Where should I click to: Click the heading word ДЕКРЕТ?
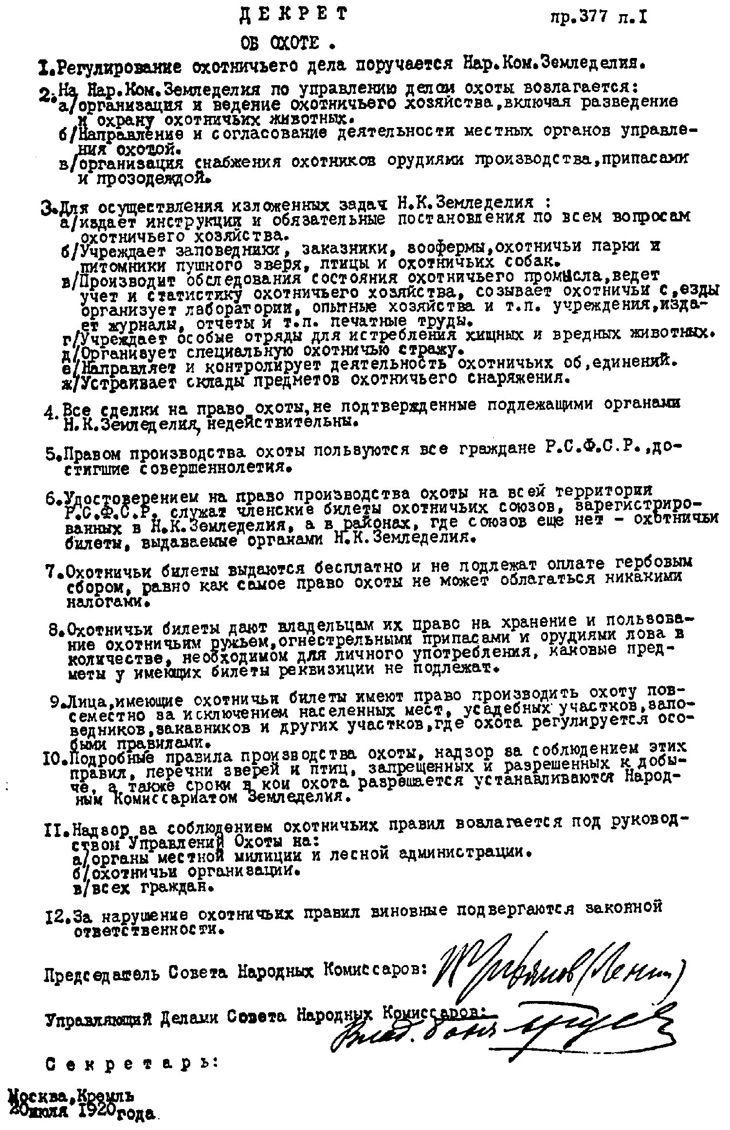(294, 15)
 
